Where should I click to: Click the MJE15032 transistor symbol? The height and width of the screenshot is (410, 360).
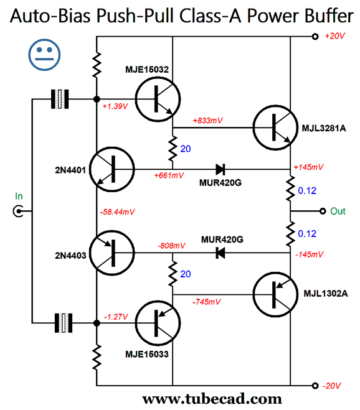pyautogui.click(x=158, y=99)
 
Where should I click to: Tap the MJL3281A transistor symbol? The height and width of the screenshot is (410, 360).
pyautogui.click(x=275, y=128)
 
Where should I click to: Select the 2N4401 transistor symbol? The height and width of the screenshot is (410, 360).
pyautogui.click(x=112, y=169)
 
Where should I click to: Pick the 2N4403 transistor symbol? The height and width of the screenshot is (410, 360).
pyautogui.click(x=112, y=253)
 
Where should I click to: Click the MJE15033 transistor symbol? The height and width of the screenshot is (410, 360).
pyautogui.click(x=158, y=323)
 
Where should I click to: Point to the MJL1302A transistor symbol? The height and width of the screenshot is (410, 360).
pyautogui.click(x=275, y=294)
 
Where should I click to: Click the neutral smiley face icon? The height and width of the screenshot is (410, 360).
pyautogui.click(x=44, y=55)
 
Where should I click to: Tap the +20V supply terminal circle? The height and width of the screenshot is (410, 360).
pyautogui.click(x=315, y=37)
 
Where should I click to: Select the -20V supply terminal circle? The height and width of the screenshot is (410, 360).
pyautogui.click(x=315, y=386)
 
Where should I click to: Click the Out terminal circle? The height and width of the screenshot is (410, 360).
pyautogui.click(x=323, y=211)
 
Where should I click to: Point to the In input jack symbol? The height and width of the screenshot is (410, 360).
pyautogui.click(x=18, y=211)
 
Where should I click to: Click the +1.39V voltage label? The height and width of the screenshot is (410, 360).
pyautogui.click(x=115, y=106)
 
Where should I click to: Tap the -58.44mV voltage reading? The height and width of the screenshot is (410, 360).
pyautogui.click(x=117, y=212)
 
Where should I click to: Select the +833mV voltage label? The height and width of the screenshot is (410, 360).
pyautogui.click(x=207, y=121)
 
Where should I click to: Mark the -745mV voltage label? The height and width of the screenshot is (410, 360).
pyautogui.click(x=207, y=302)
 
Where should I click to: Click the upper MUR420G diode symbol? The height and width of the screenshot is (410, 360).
pyautogui.click(x=220, y=169)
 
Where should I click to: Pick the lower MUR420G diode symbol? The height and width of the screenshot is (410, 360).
pyautogui.click(x=220, y=253)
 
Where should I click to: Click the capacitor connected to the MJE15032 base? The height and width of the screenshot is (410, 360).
pyautogui.click(x=60, y=99)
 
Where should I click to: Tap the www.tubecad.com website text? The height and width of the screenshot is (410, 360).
pyautogui.click(x=212, y=399)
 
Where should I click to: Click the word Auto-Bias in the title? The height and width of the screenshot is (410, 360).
pyautogui.click(x=50, y=16)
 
